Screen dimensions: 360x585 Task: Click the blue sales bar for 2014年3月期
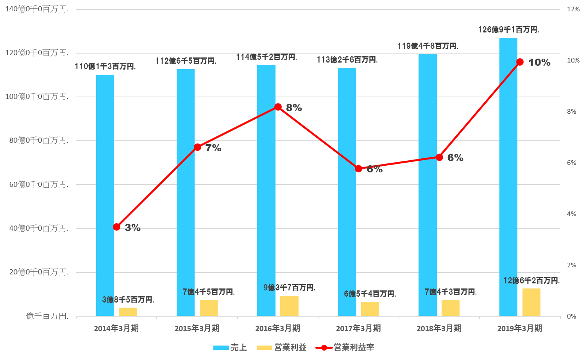(x=105, y=195)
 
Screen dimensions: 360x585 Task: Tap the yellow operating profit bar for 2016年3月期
(x=289, y=306)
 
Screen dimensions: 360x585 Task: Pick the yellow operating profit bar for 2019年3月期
(x=531, y=302)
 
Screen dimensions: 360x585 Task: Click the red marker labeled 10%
(x=520, y=62)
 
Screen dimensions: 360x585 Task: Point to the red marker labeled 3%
(x=116, y=227)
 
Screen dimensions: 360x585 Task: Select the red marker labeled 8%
(x=278, y=107)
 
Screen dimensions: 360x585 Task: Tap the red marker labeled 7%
(x=197, y=147)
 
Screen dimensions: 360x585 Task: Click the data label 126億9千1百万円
(x=508, y=30)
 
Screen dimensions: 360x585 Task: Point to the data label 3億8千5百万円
(x=128, y=300)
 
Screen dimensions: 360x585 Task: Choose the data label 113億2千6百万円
(x=347, y=60)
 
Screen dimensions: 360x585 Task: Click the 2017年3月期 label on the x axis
(x=358, y=328)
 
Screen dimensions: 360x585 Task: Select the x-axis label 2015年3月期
(x=197, y=328)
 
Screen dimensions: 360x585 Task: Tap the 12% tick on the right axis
(x=573, y=9)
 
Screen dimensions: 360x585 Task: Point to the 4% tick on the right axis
(x=572, y=214)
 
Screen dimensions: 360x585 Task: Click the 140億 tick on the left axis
(x=37, y=9)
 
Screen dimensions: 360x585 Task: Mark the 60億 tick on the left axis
(x=39, y=184)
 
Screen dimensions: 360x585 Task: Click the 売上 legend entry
(x=230, y=347)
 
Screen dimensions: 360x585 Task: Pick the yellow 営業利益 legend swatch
(x=264, y=347)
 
